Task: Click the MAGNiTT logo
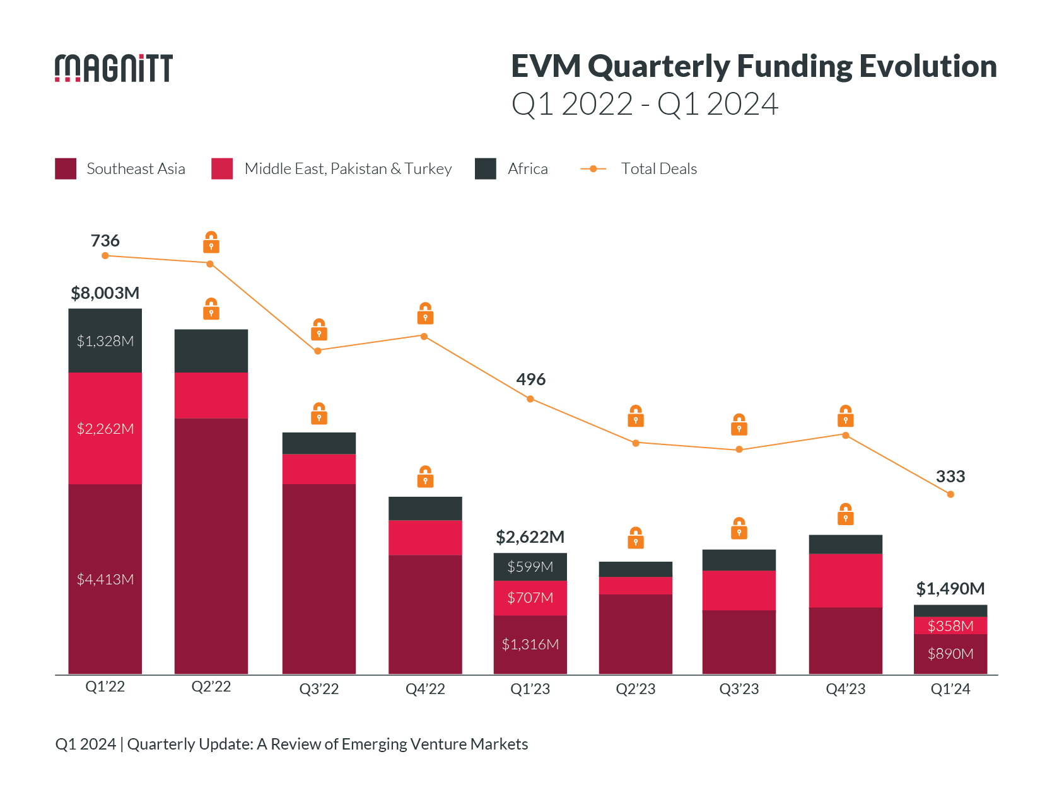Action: point(114,68)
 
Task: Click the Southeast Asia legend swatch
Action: point(66,169)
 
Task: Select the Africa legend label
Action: point(527,169)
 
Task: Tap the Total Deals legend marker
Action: point(593,169)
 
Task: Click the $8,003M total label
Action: point(105,293)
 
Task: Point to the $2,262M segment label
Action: point(105,429)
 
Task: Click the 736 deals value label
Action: point(105,241)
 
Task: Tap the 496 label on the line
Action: point(530,380)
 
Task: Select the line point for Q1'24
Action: point(950,494)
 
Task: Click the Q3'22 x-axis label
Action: point(319,689)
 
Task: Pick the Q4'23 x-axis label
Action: point(845,689)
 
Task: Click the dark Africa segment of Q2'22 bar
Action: point(211,351)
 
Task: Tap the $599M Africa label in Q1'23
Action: point(530,567)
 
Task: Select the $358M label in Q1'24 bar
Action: point(950,626)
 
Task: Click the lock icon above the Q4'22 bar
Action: point(425,477)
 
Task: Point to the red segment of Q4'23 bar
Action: point(845,581)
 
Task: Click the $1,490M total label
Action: point(950,589)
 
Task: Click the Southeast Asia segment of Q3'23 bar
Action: point(739,642)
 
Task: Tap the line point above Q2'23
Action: point(636,443)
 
